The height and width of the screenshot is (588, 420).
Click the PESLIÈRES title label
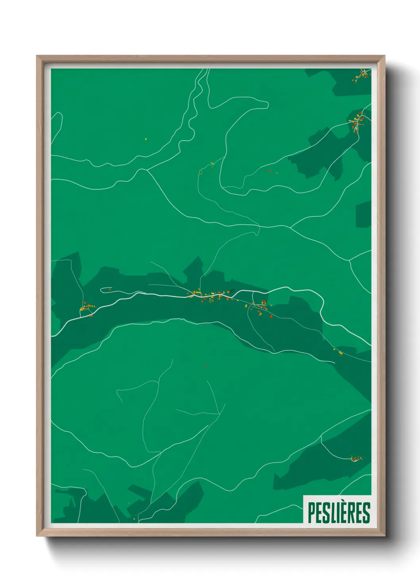click(x=339, y=513)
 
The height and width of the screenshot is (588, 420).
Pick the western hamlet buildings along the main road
click(x=87, y=308)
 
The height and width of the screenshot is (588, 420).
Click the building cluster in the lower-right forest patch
click(x=356, y=458)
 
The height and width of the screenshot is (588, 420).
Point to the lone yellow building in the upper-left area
click(x=146, y=139)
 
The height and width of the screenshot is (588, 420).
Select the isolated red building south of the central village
click(x=206, y=365)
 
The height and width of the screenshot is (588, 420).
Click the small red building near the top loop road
click(x=243, y=92)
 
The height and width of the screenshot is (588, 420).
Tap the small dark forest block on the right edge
click(x=363, y=215)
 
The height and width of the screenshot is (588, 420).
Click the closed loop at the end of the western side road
click(x=106, y=289)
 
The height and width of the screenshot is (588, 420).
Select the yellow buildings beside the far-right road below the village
click(x=339, y=352)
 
